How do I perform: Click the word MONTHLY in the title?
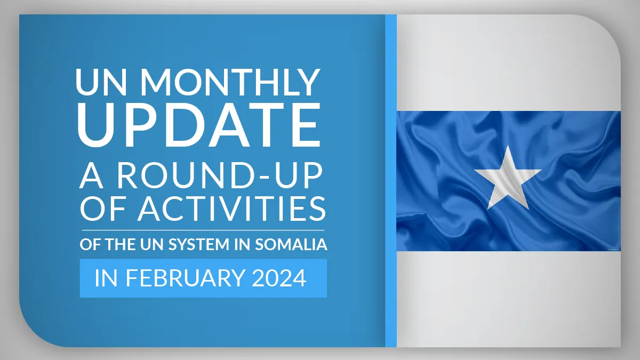[230, 82]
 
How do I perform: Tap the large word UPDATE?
[199, 125]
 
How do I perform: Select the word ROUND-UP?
[220, 175]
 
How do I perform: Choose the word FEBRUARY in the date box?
[186, 278]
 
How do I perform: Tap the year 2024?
[279, 278]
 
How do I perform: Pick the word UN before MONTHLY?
[101, 82]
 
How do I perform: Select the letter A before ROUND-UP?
[91, 175]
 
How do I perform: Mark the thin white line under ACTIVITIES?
[203, 230]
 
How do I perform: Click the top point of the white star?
[508, 146]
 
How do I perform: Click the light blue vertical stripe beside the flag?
[391, 181]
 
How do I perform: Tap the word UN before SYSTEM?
[151, 244]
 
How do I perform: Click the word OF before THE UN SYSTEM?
[90, 244]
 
